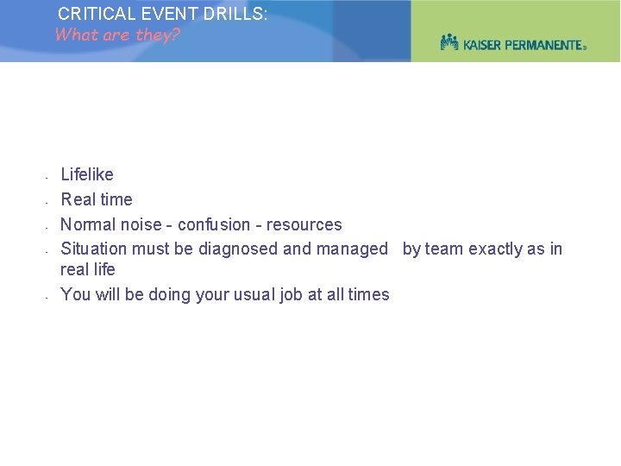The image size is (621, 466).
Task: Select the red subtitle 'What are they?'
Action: pos(117,35)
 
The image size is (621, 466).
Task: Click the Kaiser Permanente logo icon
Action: pos(449,41)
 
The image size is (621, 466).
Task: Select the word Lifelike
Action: pos(87,175)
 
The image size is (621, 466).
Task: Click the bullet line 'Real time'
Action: pos(97,200)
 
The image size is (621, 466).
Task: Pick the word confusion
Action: pos(214,225)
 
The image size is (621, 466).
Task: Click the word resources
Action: pos(304,225)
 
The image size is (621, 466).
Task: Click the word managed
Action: pos(352,249)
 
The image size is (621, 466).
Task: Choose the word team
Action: pos(444,249)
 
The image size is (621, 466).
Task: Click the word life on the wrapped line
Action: pos(103,270)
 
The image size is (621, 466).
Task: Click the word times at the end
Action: pos(369,295)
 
